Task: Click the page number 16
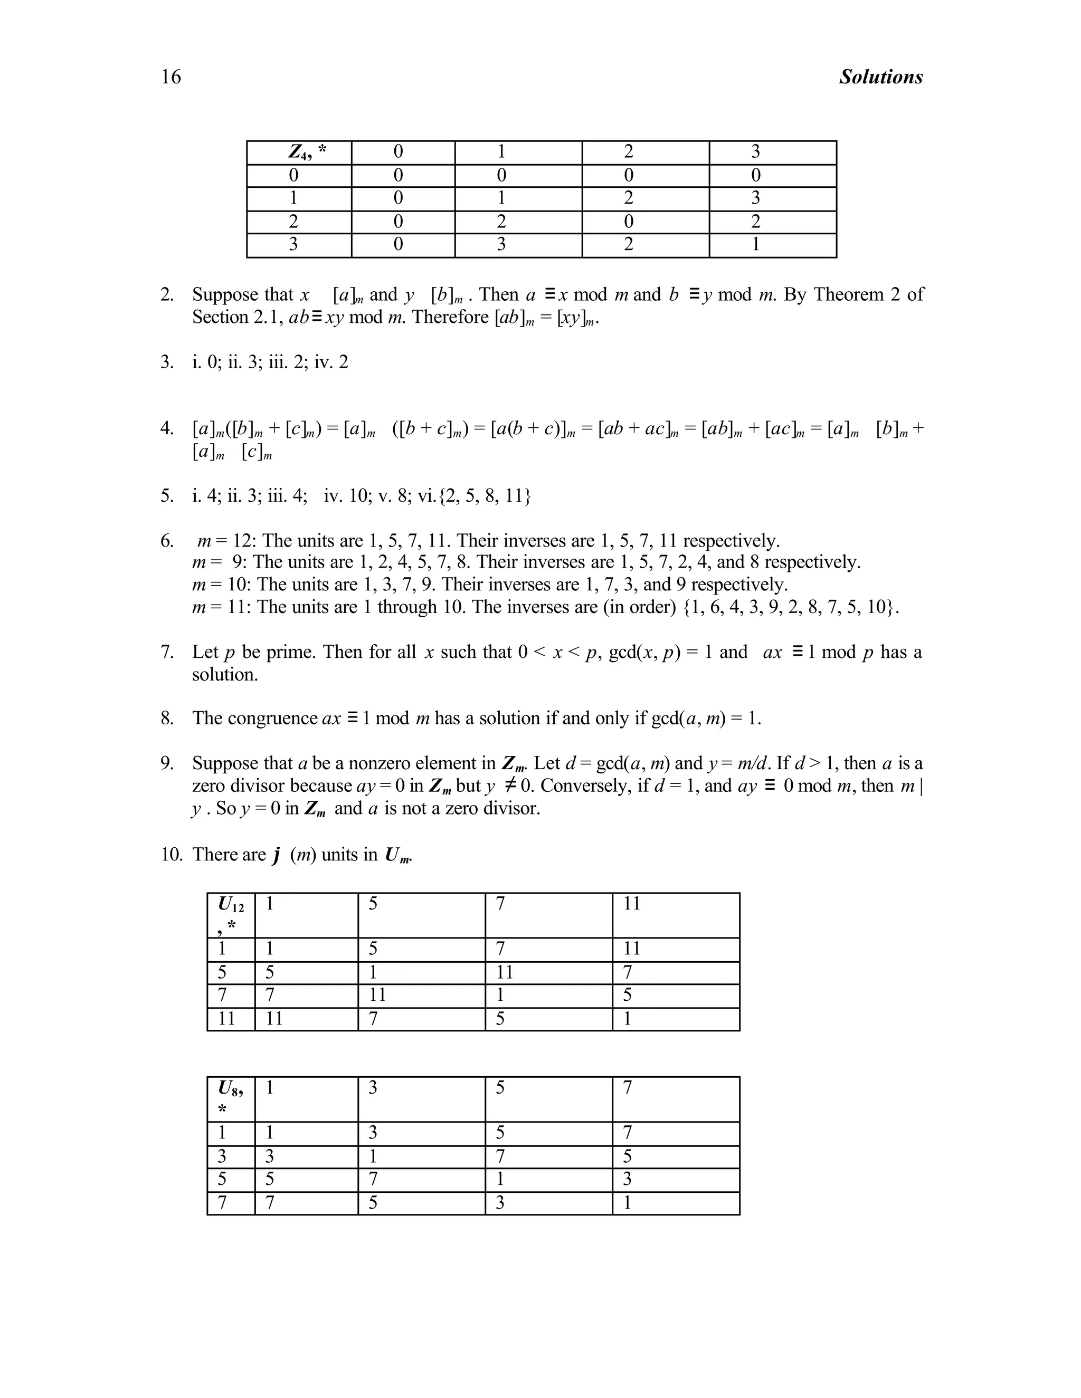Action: coord(171,77)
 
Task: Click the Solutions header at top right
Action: coord(880,77)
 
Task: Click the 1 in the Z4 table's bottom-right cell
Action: coord(756,245)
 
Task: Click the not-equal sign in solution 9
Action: coord(510,786)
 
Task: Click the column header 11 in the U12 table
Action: coord(631,904)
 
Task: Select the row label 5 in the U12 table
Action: coord(222,973)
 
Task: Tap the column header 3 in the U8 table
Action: coord(373,1088)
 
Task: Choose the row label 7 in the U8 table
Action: coord(222,1203)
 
